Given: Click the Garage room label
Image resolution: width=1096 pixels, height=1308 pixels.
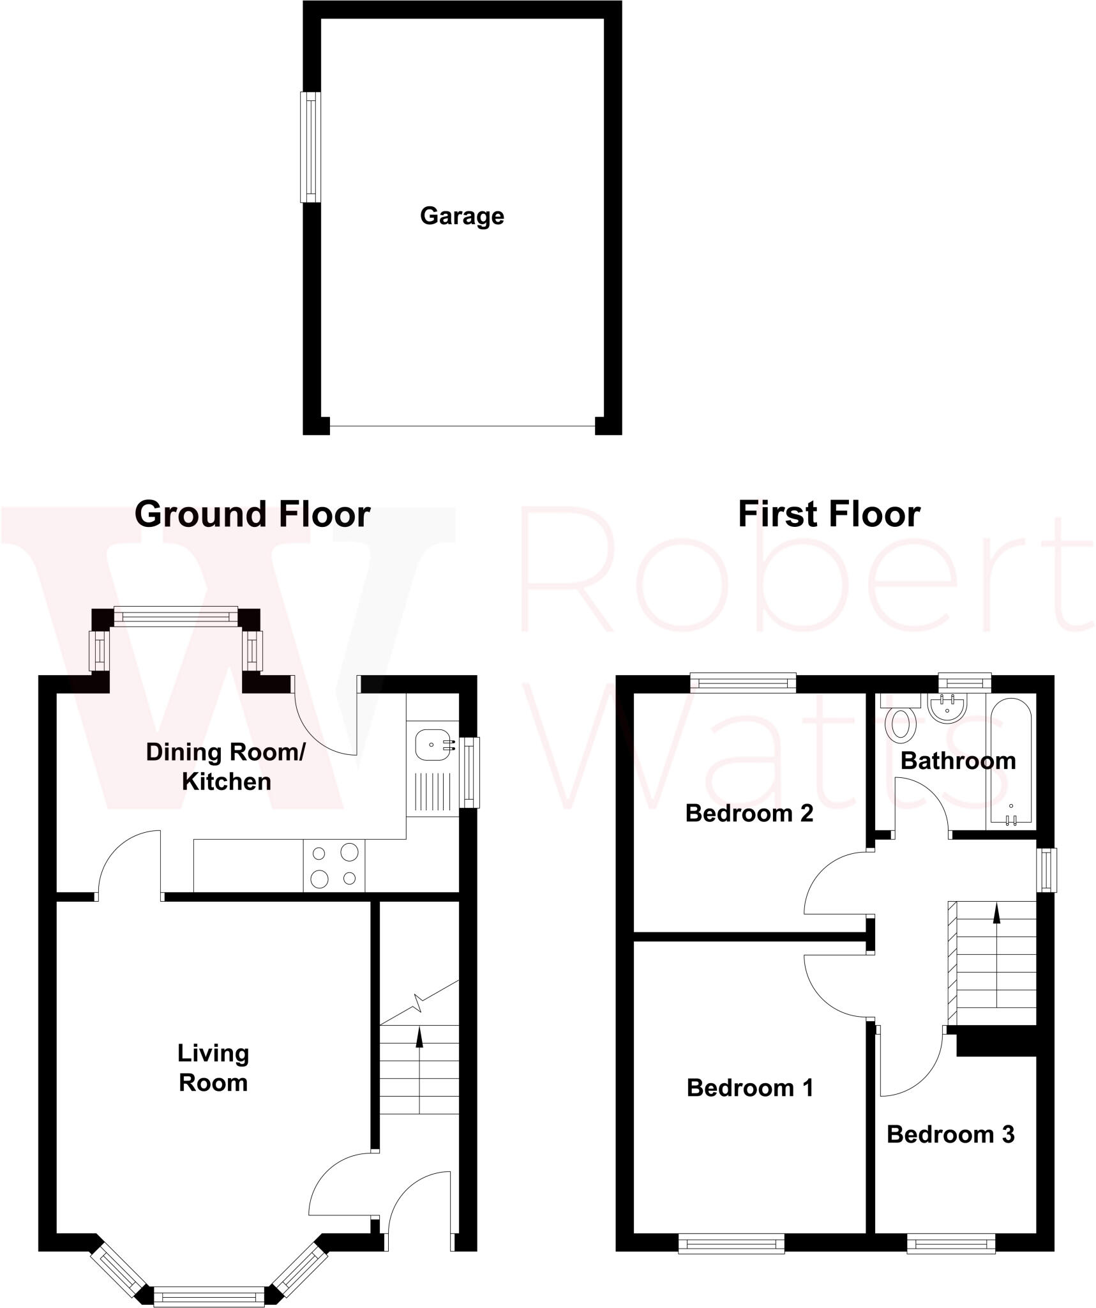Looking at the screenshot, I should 462,217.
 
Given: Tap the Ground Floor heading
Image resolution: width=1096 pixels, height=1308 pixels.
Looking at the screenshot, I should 252,515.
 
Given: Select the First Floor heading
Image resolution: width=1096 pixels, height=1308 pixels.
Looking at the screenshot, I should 829,515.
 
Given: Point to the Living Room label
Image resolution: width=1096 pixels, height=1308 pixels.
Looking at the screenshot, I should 213,1068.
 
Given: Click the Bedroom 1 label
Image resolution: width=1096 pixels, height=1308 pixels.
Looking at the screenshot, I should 750,1088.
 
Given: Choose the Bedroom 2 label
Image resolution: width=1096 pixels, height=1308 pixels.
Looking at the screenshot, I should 749,813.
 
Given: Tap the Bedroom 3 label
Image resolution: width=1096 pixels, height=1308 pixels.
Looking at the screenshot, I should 950,1134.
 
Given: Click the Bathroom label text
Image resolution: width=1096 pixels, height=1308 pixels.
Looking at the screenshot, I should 957,761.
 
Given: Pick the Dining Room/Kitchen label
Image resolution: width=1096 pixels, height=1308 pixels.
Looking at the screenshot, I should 226,766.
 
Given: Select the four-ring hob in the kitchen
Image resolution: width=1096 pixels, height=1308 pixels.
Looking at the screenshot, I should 334,865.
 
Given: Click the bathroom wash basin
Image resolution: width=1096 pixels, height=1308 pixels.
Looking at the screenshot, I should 947,708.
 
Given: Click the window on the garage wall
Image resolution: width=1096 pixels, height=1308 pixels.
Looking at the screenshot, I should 311,148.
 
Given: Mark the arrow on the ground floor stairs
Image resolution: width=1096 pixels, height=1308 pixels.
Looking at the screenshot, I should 419,1038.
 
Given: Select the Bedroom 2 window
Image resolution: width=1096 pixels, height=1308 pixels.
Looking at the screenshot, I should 744,683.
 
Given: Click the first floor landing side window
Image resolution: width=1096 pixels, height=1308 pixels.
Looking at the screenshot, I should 1046,869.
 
